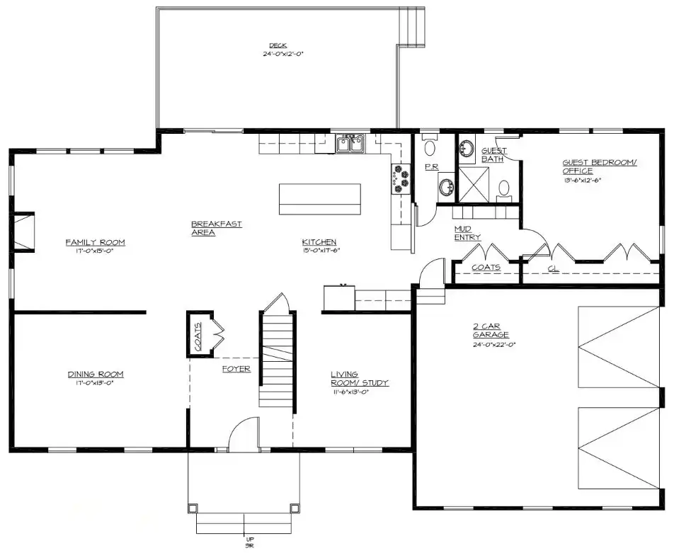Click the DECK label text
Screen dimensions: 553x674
click(x=278, y=46)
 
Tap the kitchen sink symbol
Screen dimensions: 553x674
click(x=350, y=144)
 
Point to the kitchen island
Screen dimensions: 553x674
click(x=319, y=198)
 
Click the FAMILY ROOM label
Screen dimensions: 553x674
click(x=95, y=242)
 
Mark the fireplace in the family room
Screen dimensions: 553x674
click(x=25, y=232)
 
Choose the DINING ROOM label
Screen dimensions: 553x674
click(x=96, y=374)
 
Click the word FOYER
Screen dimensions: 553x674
click(x=236, y=369)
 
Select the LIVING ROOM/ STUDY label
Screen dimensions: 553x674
click(x=360, y=378)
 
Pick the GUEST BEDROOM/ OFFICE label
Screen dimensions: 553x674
click(x=599, y=166)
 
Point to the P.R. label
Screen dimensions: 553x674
click(x=432, y=166)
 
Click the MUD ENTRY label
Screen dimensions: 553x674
click(x=467, y=233)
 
